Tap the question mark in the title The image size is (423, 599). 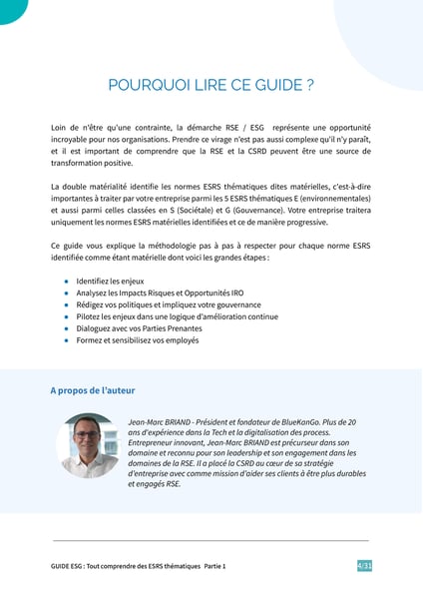click(309, 85)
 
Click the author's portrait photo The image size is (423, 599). click(89, 444)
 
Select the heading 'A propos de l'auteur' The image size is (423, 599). click(92, 390)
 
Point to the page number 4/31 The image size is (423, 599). click(364, 566)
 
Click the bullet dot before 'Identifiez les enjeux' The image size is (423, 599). click(66, 282)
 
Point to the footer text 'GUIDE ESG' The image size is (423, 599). click(66, 566)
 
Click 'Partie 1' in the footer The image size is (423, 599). click(211, 566)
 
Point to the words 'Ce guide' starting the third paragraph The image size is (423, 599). click(66, 246)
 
